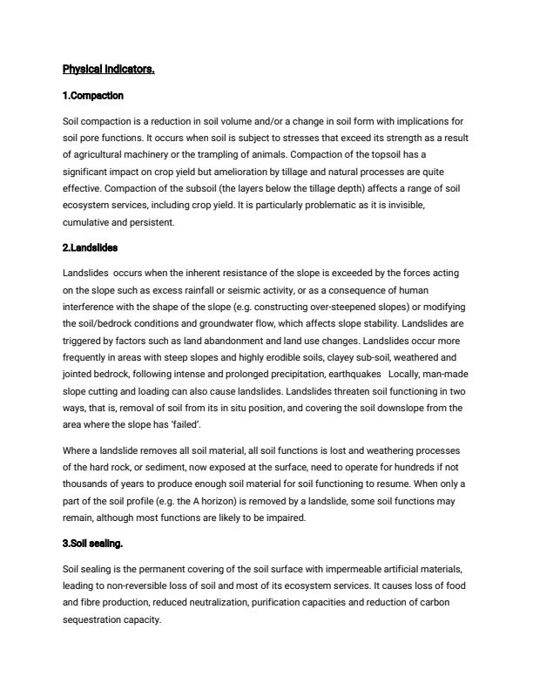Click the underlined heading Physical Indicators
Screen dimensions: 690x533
[x=108, y=68]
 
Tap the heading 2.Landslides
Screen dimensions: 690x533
[x=96, y=248]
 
